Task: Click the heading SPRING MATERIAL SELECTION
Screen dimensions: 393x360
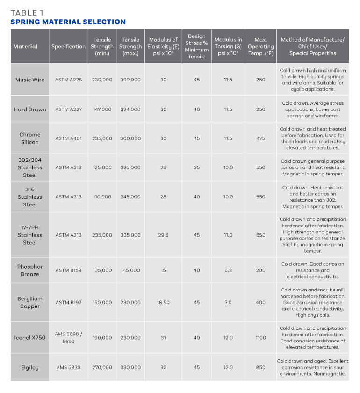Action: coord(68,22)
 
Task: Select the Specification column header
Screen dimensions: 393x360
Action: coord(68,46)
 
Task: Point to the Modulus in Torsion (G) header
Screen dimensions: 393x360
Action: coord(228,46)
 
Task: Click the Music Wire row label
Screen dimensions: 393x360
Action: coord(30,80)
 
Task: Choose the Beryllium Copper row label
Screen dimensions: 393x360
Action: coord(30,302)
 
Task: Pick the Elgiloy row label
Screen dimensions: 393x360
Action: coord(30,367)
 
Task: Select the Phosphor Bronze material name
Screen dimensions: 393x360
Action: coord(30,270)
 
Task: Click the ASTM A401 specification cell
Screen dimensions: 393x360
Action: coord(68,138)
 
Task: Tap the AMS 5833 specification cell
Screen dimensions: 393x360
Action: coord(68,367)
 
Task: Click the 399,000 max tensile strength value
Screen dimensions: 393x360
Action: coord(130,80)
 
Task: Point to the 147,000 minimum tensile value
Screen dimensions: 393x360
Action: coord(102,109)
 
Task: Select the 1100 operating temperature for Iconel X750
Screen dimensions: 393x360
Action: coord(260,338)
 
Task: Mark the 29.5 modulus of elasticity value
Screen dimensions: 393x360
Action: coord(163,235)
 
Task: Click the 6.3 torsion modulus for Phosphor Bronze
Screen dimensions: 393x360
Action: coord(228,270)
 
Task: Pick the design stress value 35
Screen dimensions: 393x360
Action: coord(196,167)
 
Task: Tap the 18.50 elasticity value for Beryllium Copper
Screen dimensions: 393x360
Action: coord(163,302)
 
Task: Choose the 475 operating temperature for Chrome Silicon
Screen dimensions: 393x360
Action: coord(260,138)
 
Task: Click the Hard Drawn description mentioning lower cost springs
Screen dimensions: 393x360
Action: coord(312,109)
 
